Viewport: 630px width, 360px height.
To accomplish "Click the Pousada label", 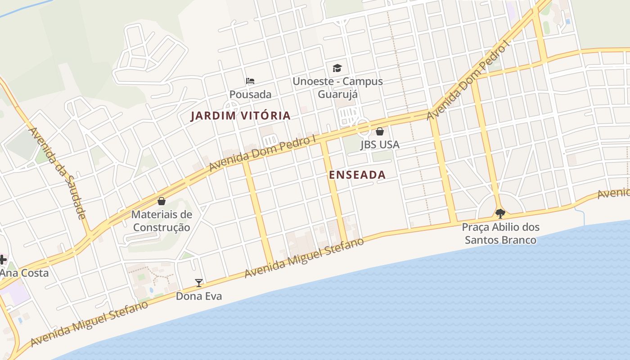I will click(250, 94).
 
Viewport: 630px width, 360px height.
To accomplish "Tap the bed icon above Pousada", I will click(250, 81).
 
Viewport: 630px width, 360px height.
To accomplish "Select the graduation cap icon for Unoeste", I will click(337, 68).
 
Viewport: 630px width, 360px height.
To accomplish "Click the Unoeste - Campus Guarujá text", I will click(337, 88).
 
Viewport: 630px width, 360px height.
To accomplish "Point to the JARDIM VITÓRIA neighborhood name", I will click(240, 116).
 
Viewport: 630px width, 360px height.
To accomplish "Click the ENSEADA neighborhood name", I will click(357, 175).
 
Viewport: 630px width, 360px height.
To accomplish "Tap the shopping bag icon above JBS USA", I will click(380, 131).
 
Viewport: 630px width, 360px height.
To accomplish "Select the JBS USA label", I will click(380, 145).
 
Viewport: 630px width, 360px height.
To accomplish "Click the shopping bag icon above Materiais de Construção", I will click(162, 201).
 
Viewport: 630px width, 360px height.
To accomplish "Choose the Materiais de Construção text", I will click(162, 221).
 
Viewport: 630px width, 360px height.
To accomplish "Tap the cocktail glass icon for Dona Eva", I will click(199, 283).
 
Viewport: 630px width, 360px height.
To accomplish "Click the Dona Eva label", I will click(199, 297).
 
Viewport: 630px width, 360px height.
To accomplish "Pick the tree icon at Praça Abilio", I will click(500, 213).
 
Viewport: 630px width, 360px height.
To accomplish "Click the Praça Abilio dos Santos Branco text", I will click(500, 233).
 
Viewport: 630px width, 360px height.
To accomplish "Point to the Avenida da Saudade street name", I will click(57, 173).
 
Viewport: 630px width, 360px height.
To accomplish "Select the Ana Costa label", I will click(24, 273).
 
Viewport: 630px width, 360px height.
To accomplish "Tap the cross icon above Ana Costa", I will click(3, 259).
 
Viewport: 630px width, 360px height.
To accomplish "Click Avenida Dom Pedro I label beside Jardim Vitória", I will click(262, 153).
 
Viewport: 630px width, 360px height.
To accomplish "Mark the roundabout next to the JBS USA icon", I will click(364, 127).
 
